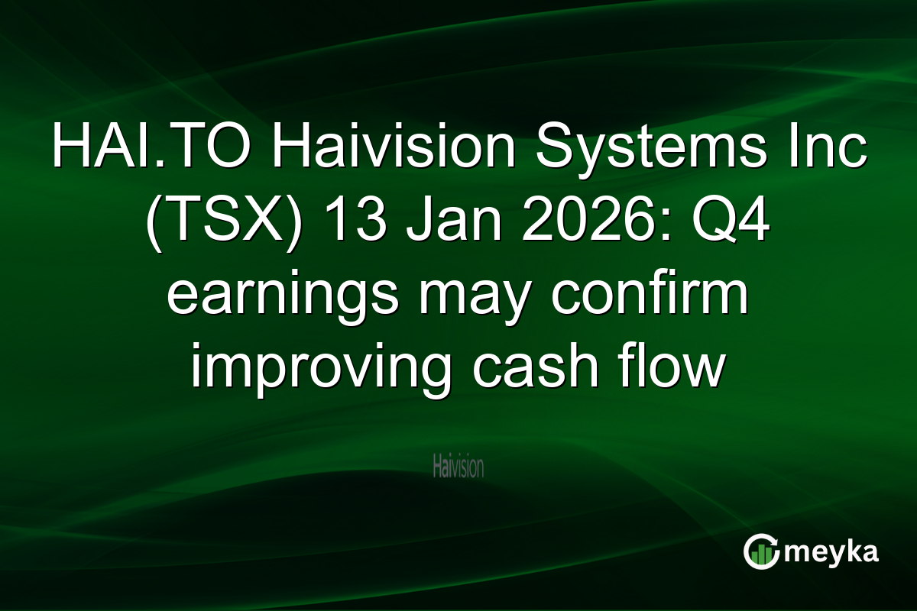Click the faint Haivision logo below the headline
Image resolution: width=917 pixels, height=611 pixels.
(x=458, y=467)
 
